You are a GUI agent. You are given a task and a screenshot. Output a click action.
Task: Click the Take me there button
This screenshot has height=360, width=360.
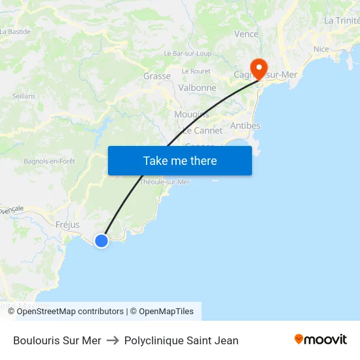(180, 160)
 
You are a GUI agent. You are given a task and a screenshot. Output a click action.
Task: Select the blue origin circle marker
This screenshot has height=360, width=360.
(101, 241)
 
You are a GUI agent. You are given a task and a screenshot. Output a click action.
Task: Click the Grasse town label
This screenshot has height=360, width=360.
(157, 76)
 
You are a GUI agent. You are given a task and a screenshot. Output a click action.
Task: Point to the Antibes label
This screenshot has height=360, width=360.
(245, 126)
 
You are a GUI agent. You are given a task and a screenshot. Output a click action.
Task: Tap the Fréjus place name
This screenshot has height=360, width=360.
(67, 225)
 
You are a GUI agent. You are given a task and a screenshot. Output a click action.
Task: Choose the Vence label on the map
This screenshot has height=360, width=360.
(246, 34)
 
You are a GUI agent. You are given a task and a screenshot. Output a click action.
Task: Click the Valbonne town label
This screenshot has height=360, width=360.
(197, 88)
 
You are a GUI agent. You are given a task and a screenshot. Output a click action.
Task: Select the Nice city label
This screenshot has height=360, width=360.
(321, 49)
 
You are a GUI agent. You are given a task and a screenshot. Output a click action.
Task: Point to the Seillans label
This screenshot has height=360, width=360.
(24, 96)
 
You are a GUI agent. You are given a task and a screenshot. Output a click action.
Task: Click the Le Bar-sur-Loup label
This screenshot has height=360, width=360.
(187, 53)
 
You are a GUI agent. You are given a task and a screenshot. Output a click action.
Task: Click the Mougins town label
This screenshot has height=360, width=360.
(191, 115)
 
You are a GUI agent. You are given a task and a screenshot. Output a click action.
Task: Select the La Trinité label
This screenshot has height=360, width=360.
(342, 21)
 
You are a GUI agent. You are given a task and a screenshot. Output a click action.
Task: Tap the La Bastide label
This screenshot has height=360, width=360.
(16, 31)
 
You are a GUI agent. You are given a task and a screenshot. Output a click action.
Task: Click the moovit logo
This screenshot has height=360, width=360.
(321, 340)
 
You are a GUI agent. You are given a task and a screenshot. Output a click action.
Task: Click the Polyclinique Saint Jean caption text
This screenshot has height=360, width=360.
(181, 340)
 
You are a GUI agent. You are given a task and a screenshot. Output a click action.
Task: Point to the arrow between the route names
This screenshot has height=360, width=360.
(113, 340)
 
